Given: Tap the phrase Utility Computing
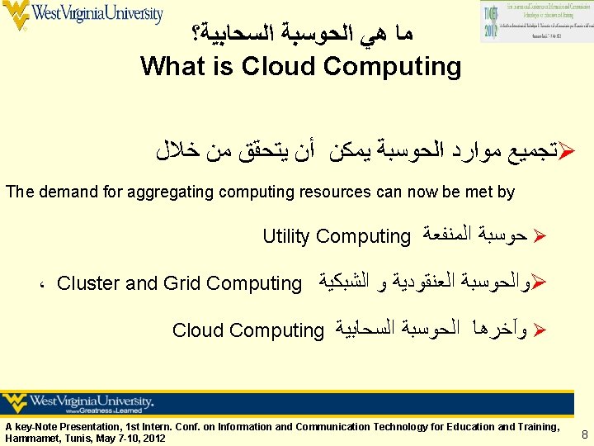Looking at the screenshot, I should click(x=336, y=237).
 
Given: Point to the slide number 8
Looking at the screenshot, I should click(x=584, y=434).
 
